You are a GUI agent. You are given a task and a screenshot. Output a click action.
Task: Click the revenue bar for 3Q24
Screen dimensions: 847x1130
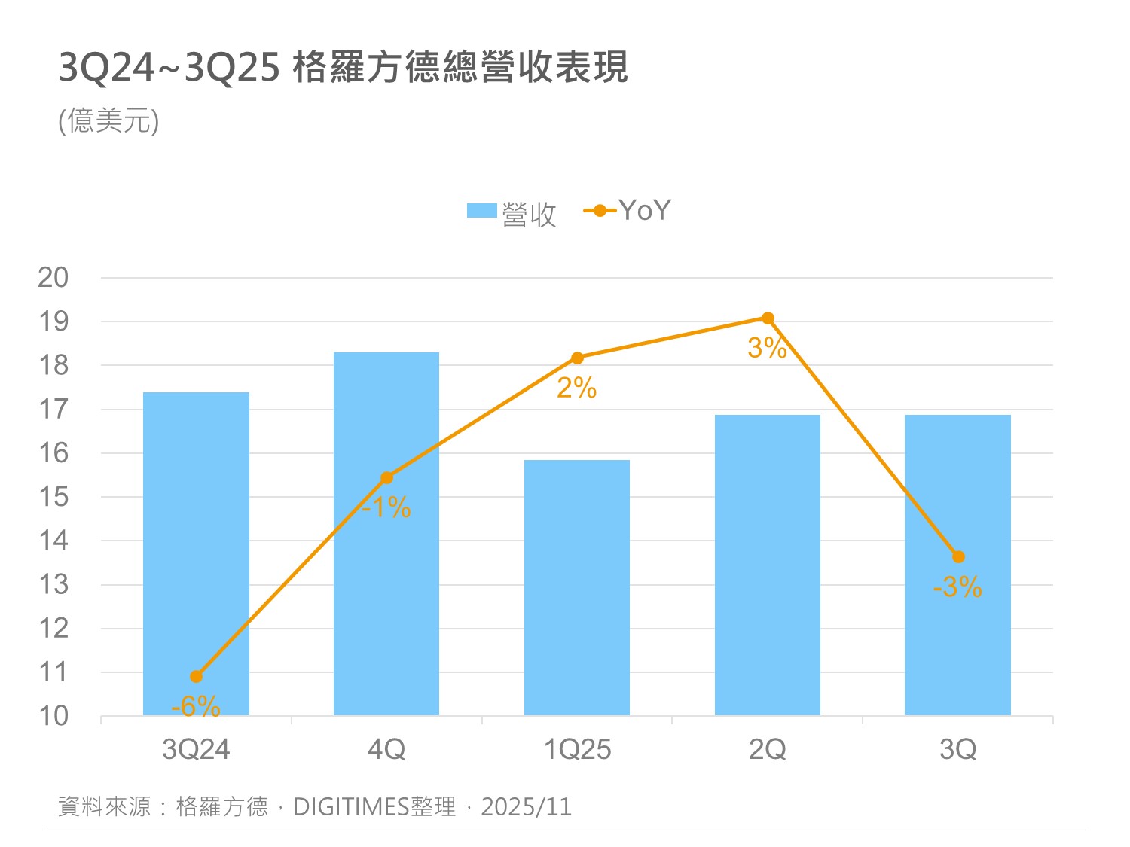click(196, 553)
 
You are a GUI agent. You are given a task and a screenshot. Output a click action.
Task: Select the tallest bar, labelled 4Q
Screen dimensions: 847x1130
click(386, 534)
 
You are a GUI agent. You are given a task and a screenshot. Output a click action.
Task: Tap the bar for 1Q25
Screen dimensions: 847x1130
click(577, 587)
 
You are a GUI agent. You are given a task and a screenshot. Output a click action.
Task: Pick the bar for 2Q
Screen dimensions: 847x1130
click(767, 565)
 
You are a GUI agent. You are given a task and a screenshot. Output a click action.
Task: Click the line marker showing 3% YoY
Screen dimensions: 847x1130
click(768, 318)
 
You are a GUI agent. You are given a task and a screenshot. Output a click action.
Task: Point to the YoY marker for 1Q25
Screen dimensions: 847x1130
click(577, 358)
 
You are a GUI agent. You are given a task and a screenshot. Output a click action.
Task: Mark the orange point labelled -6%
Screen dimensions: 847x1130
click(196, 676)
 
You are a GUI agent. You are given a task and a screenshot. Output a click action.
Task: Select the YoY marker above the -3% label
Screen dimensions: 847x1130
click(958, 557)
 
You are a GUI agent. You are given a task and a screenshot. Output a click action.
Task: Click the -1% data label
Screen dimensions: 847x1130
click(386, 507)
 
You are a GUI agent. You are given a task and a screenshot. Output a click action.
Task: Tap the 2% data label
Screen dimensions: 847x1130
click(577, 388)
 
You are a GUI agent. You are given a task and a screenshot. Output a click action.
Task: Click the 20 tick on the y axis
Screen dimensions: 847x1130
click(53, 278)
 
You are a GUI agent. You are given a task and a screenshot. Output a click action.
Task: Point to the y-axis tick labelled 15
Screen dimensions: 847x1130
click(53, 497)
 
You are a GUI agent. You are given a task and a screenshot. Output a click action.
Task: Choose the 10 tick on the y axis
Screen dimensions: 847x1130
click(53, 716)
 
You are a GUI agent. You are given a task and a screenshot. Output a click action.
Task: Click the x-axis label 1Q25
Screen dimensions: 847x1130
click(577, 750)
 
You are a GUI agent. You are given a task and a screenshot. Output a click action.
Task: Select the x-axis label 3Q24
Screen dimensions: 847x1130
click(196, 750)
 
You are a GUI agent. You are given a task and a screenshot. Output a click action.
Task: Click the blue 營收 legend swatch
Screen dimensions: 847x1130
click(481, 211)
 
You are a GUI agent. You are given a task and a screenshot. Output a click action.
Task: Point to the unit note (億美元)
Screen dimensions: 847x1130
click(109, 120)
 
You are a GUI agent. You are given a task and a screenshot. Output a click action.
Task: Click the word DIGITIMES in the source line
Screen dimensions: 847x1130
click(350, 807)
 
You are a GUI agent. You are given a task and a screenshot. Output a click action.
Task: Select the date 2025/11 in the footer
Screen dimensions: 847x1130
click(527, 807)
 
